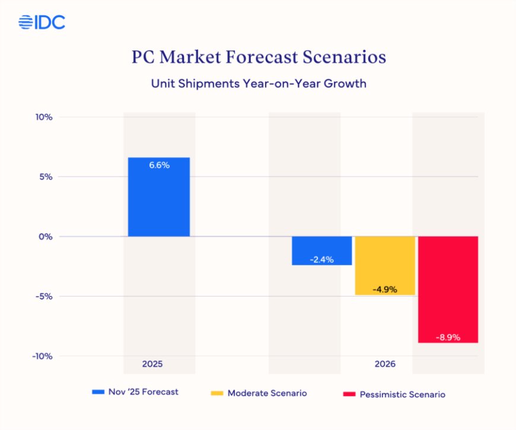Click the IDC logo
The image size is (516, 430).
42,23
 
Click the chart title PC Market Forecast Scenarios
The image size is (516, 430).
259,57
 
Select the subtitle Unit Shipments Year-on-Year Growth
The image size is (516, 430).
259,84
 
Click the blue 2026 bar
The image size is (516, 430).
322,250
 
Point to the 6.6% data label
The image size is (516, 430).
159,165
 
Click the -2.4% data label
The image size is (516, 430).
322,259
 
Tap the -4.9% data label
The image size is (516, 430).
385,289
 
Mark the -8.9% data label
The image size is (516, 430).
448,337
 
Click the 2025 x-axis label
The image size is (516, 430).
152,364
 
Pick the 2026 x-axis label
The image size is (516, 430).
385,364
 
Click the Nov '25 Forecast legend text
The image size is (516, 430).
143,392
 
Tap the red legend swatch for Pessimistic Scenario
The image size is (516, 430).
349,394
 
